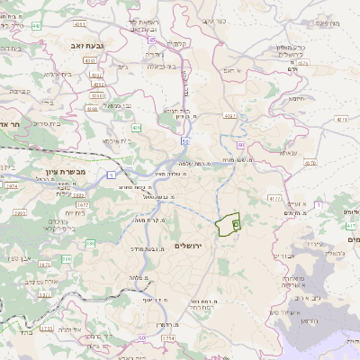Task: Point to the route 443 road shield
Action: [x=37, y=25]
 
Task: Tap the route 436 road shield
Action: [x=137, y=129]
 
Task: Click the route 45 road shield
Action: [x=154, y=40]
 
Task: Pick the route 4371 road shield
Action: [x=339, y=118]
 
